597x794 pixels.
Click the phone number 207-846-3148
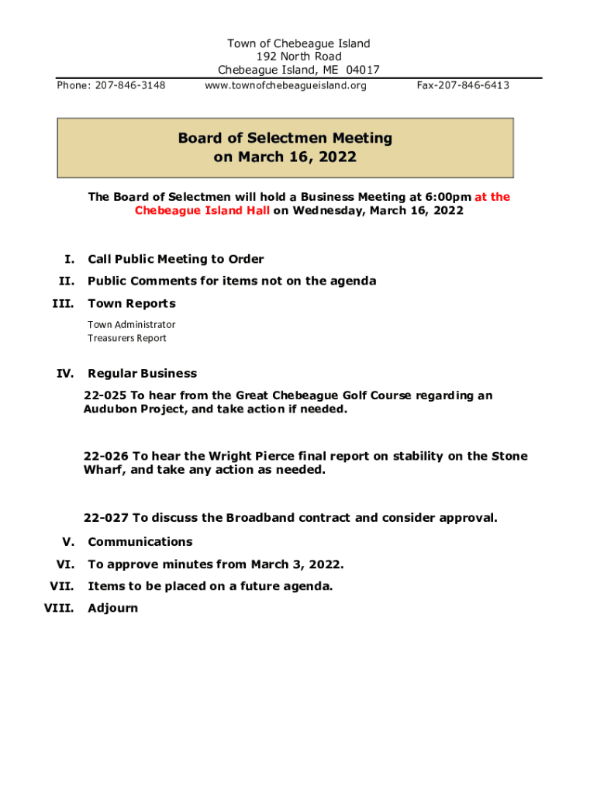(x=130, y=85)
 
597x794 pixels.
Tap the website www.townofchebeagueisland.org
(x=285, y=85)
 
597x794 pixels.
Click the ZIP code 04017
(x=363, y=71)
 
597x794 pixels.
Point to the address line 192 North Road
(x=298, y=57)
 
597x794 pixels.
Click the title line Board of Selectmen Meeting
(x=285, y=139)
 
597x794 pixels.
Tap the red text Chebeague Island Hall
(x=202, y=211)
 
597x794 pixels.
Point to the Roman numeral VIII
(x=59, y=608)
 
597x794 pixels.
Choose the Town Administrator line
(x=131, y=324)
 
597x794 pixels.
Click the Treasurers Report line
(x=126, y=338)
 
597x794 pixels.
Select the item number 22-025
(x=106, y=395)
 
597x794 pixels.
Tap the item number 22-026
(x=106, y=456)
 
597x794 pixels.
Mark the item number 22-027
(x=106, y=517)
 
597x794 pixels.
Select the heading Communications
(x=140, y=542)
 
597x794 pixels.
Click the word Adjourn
(x=112, y=608)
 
